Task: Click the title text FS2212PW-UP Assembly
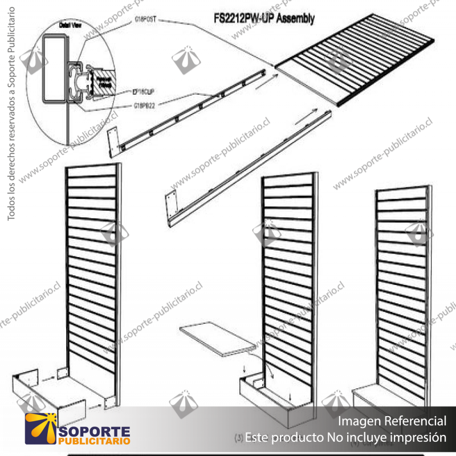pyautogui.click(x=260, y=19)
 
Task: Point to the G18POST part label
pyautogui.click(x=145, y=19)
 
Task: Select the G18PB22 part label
pyautogui.click(x=145, y=105)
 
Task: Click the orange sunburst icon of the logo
pyautogui.click(x=41, y=429)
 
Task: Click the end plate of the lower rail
pyautogui.click(x=170, y=206)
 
